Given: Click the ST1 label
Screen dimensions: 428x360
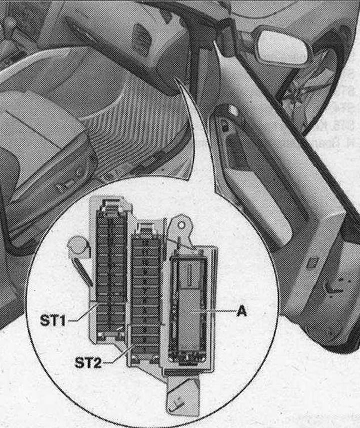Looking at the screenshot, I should click(x=53, y=320).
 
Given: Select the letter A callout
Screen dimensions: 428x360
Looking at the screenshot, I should click(x=241, y=311).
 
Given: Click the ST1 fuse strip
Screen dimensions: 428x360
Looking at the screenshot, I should click(x=111, y=270).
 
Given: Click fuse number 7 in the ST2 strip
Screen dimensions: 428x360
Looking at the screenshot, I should click(x=145, y=289).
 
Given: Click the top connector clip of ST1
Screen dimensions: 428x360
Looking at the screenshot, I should click(x=111, y=204).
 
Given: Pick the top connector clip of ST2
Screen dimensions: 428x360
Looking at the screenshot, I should click(x=146, y=229).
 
